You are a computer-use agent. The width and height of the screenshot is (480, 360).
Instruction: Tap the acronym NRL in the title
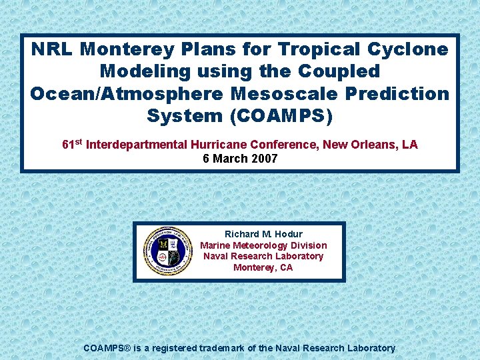click(x=55, y=49)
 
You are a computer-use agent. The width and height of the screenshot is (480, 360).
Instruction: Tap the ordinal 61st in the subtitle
click(x=73, y=144)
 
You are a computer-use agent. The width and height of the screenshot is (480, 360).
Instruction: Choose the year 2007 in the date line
click(x=265, y=159)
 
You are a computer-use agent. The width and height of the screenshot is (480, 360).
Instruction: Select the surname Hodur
click(x=289, y=234)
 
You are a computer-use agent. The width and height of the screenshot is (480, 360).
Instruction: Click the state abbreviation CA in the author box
click(x=286, y=267)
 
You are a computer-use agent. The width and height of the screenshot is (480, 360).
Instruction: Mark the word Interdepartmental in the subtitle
click(x=137, y=145)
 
